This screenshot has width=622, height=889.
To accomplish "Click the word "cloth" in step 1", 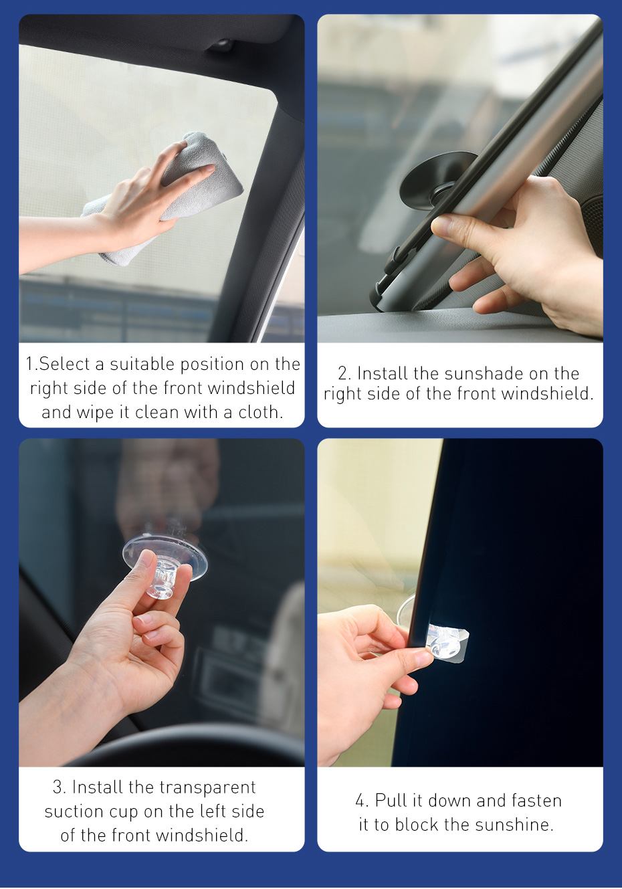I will click(x=261, y=412).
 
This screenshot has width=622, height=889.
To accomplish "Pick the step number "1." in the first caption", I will click(x=31, y=365).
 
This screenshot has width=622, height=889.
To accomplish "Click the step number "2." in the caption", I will click(x=344, y=373).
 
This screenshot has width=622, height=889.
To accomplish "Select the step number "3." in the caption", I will click(x=59, y=787).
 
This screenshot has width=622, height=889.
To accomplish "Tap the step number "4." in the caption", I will click(x=362, y=801).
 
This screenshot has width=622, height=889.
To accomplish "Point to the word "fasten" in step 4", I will click(x=536, y=801).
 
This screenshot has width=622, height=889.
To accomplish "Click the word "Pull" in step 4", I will click(x=390, y=801).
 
